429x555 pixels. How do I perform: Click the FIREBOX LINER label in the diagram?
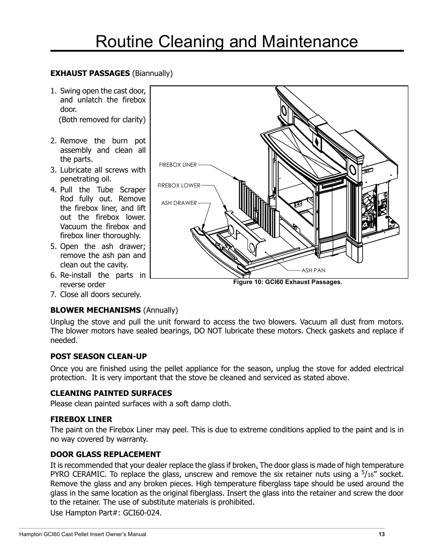coord(178,165)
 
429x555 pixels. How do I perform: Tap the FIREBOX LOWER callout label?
coord(179,185)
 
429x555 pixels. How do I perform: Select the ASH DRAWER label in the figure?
coord(179,203)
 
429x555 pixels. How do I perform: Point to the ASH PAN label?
coord(313,271)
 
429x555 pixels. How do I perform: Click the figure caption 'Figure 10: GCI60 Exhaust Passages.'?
coord(287,282)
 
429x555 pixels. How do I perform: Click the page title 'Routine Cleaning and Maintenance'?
coord(227,41)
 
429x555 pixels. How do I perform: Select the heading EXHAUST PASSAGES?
coord(90,73)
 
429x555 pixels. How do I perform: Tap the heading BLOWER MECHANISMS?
coord(95,310)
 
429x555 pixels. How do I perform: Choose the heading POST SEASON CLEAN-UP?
coord(98,356)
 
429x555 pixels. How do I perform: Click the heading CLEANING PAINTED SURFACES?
coord(111,393)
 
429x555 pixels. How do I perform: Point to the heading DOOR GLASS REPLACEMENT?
coord(105,454)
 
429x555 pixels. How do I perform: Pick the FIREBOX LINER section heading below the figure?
coord(81,419)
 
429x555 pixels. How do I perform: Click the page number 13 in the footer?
coord(381,534)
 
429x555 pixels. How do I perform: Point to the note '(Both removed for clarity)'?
coord(103,120)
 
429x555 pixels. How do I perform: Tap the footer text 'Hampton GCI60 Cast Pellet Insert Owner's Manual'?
coord(82,534)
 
